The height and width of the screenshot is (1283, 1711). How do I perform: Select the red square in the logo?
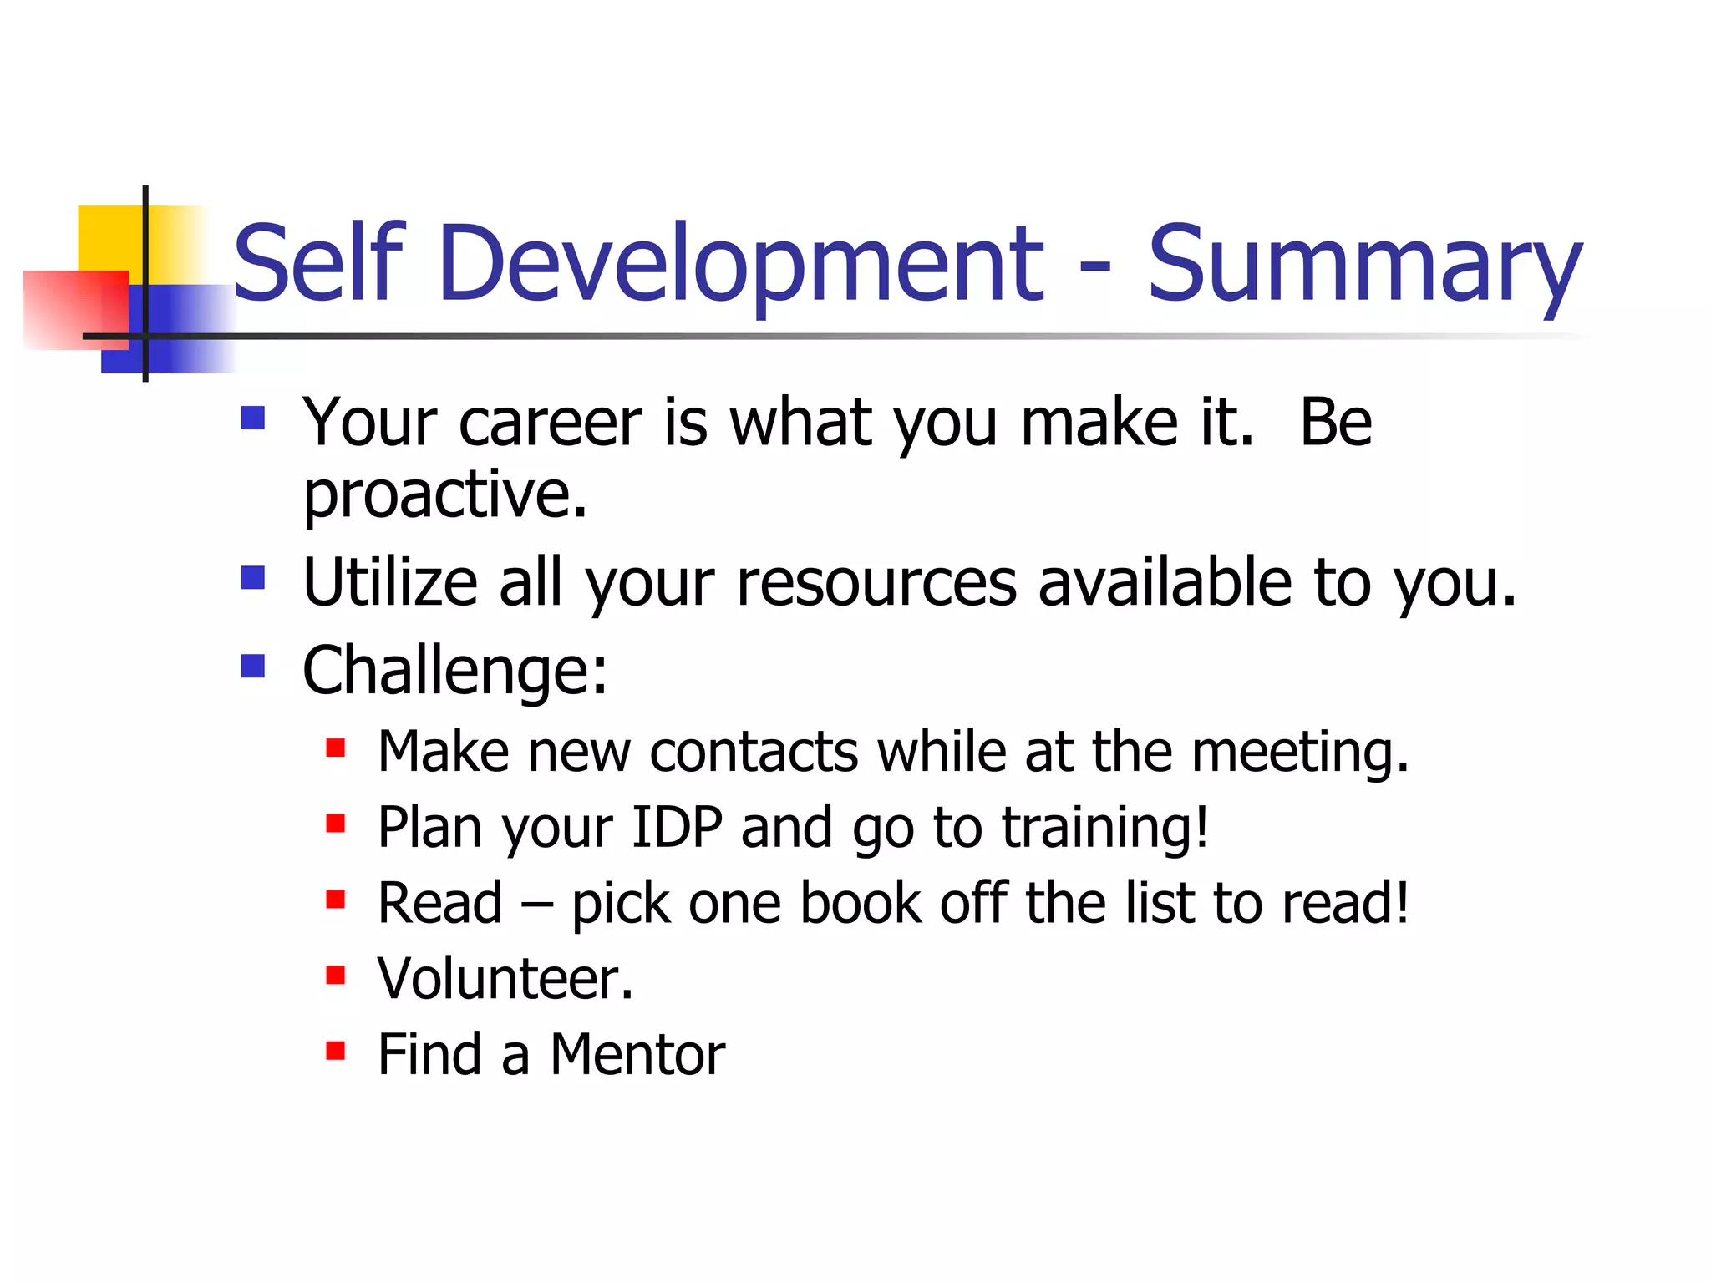pos(74,309)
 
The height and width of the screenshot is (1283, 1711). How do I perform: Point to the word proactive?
pos(444,494)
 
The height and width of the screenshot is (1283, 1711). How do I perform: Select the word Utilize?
pos(389,582)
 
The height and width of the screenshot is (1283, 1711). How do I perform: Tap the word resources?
pos(876,582)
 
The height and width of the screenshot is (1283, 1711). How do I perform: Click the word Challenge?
pos(454,671)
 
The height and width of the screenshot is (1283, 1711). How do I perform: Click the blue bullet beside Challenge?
pos(252,666)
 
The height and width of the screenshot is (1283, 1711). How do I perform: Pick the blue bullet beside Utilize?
pos(252,577)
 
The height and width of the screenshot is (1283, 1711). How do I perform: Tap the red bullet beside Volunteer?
pos(335,975)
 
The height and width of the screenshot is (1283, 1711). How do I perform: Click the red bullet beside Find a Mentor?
pos(335,1050)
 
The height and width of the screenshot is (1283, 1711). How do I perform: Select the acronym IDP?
pos(677,828)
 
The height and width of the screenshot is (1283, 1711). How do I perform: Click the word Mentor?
pos(637,1055)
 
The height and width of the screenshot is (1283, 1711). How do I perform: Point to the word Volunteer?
pos(505,979)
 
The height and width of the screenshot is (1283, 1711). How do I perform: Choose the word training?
pos(1104,829)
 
